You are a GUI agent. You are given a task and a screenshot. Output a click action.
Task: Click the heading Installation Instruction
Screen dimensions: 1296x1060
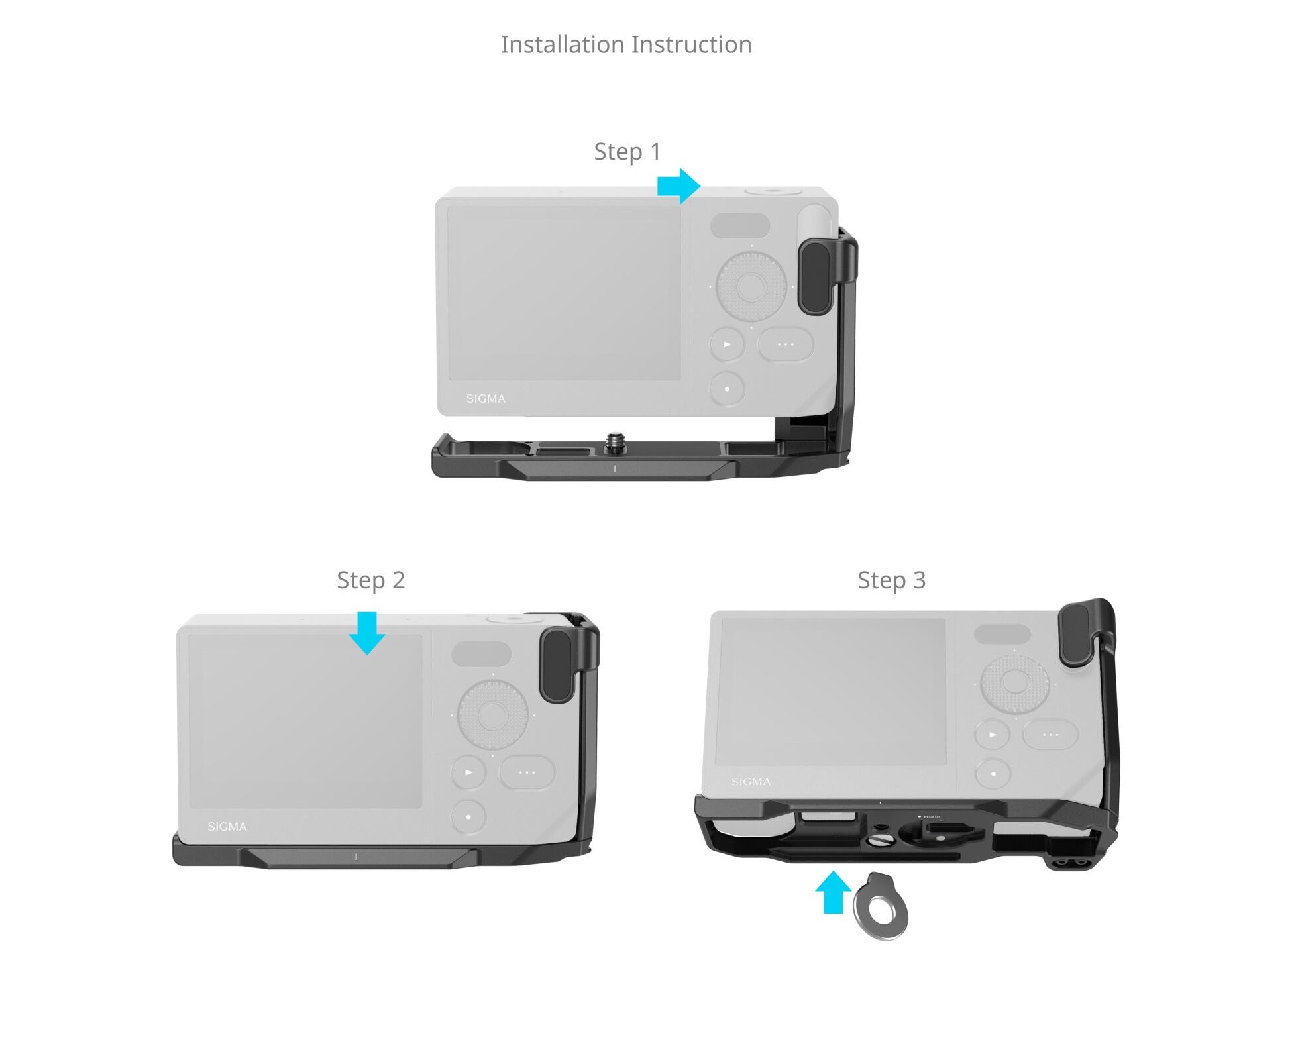[x=626, y=44]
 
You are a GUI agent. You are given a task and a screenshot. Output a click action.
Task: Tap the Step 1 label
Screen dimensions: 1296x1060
[x=627, y=152]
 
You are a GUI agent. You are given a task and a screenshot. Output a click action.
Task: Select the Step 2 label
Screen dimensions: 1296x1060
[x=370, y=580]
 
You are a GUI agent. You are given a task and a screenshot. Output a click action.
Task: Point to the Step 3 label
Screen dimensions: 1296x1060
[x=891, y=580]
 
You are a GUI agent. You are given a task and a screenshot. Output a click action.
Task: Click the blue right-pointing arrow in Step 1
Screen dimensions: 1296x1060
[x=678, y=185]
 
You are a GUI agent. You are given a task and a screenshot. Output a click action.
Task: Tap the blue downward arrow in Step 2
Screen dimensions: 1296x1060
[x=366, y=633]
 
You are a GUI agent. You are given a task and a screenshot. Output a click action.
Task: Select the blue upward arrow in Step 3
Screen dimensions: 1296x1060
[x=833, y=892]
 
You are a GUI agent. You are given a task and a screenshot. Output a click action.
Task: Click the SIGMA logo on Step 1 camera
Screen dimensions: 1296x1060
[x=486, y=399]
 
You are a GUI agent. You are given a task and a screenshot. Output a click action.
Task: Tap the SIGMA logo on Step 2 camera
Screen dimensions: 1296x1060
[x=227, y=827]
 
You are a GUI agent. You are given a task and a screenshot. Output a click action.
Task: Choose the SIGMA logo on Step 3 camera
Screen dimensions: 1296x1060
[x=751, y=782]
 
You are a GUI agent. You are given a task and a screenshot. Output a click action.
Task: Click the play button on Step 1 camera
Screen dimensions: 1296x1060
[x=728, y=344]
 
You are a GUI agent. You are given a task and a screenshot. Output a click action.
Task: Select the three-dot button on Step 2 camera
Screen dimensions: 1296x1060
[x=527, y=772]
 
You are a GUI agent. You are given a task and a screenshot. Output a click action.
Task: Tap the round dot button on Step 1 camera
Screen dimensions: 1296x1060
[x=728, y=389]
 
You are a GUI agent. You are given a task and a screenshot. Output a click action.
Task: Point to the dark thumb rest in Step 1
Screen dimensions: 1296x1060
[x=814, y=278]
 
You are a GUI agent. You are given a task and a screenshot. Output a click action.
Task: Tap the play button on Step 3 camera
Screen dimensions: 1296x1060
[x=993, y=735]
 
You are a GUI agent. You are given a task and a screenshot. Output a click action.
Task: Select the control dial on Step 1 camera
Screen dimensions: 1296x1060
[x=751, y=286]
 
